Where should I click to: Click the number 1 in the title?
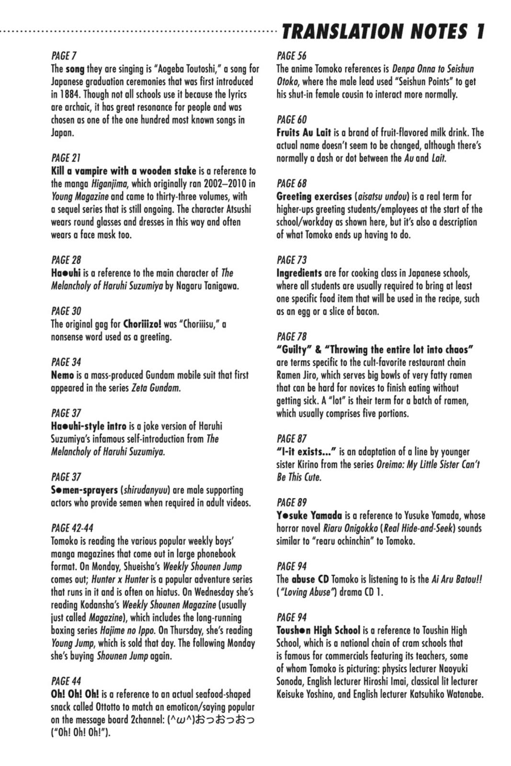point(479,32)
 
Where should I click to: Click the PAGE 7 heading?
point(64,56)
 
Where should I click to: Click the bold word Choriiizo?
point(142,324)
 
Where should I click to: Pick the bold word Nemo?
point(62,375)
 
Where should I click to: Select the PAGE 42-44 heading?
point(72,528)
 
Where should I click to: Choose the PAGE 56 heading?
point(291,56)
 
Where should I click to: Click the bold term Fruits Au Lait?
point(304,133)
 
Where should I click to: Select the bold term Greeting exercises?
point(314,196)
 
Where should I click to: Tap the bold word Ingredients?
point(299,273)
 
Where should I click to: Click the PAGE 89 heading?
point(291,503)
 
